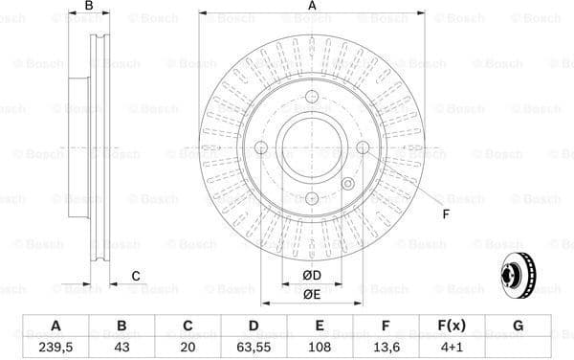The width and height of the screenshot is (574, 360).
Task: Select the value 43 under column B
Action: pos(121,346)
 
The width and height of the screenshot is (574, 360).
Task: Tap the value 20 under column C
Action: pos(188,346)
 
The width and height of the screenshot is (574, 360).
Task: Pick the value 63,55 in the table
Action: pos(253,346)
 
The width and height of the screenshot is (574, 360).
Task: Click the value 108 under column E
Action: pos(320,346)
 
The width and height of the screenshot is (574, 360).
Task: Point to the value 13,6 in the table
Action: pos(386,346)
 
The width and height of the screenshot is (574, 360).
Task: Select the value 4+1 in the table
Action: pos(452,346)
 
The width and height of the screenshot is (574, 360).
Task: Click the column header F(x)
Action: pos(452,326)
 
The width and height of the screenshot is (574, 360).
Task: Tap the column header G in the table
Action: pos(518,326)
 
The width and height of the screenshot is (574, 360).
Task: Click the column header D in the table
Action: pos(253,326)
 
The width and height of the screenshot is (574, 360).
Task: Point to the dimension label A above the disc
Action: pos(312,7)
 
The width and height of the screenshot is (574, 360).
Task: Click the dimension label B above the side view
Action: pos(89,7)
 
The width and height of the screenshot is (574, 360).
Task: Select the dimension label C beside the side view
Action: pos(135,276)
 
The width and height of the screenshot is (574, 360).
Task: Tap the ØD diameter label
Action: pos(312,277)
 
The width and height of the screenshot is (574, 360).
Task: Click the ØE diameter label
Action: pos(312,294)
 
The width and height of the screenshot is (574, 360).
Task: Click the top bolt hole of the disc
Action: pos(312,96)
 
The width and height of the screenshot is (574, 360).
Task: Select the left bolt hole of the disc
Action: pos(260,146)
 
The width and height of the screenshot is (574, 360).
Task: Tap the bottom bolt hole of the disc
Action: pos(312,198)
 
